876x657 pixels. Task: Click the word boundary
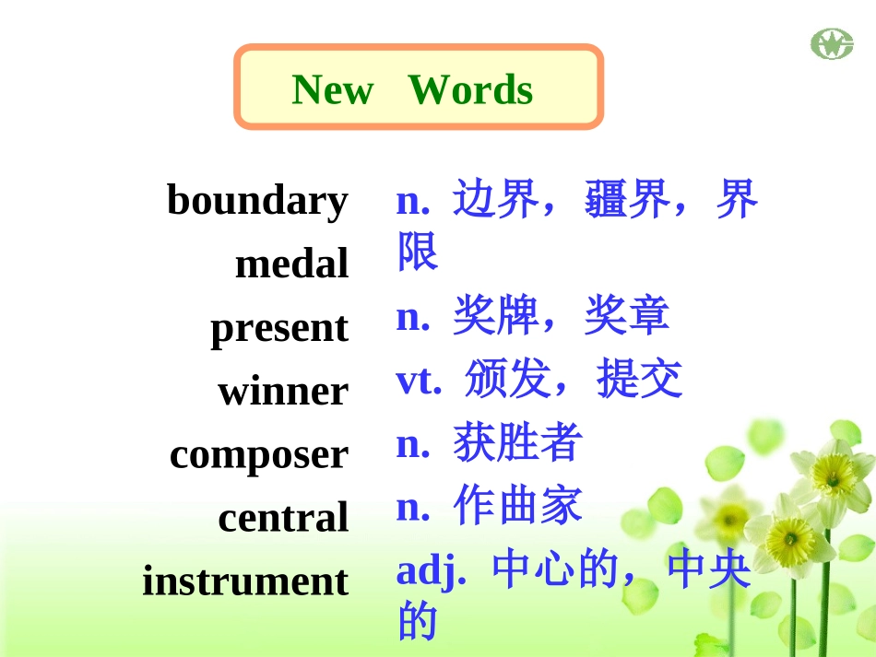257,200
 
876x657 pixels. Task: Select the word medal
291,264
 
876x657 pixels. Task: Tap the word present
279,329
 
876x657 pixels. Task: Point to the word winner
283,392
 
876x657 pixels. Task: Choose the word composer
259,455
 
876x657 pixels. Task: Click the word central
283,518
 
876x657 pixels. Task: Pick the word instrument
245,581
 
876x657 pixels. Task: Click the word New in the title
332,90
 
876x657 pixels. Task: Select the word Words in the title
470,90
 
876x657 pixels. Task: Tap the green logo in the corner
832,43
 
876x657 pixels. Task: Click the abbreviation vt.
419,380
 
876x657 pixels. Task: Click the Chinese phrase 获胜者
517,443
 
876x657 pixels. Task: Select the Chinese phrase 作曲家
517,506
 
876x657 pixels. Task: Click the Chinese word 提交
639,380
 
